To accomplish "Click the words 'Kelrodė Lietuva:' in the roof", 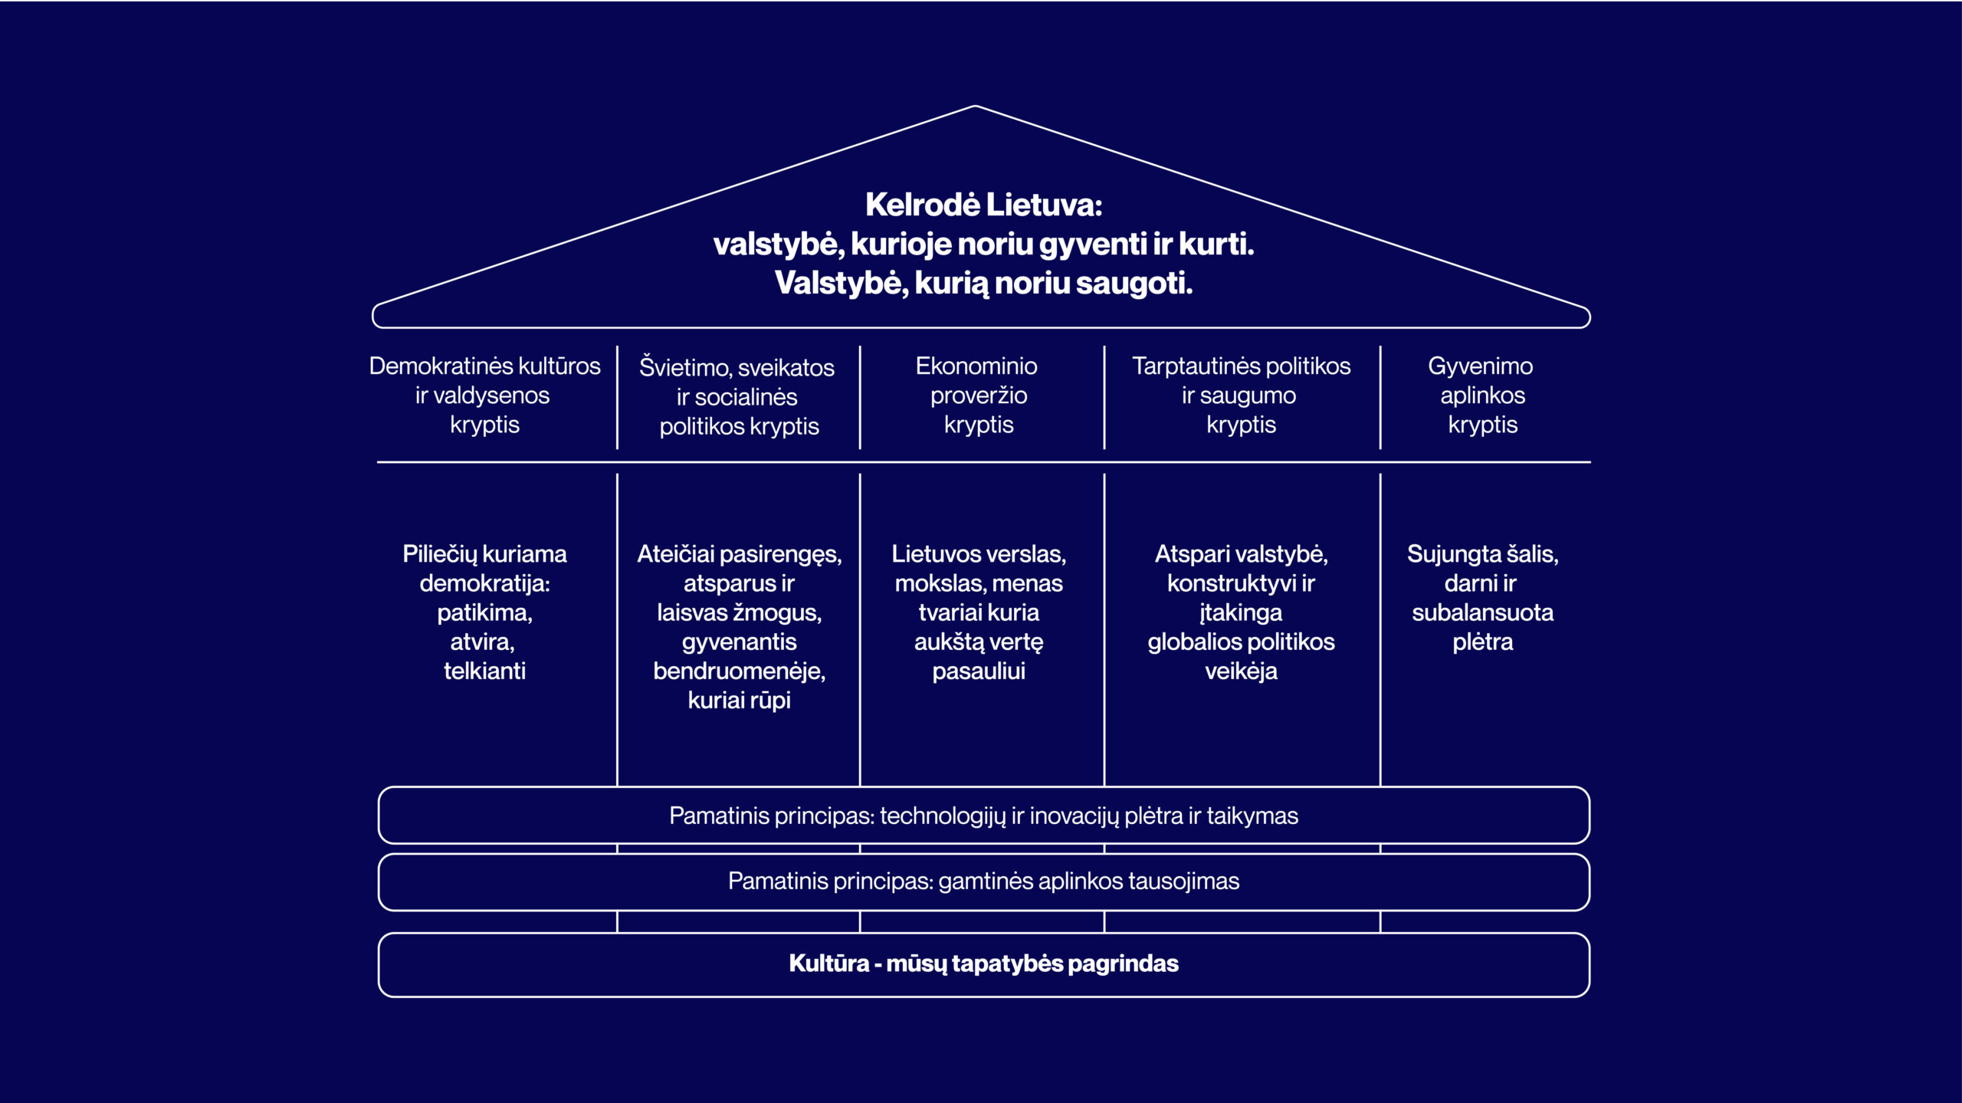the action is point(983,205).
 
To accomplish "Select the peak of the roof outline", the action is point(976,107).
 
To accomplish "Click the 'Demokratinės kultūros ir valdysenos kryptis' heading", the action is point(484,395).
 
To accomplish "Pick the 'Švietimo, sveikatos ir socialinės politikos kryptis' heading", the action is point(738,396).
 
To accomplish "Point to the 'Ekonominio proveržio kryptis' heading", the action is point(977,395).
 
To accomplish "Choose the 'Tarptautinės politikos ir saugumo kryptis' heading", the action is point(1241,395).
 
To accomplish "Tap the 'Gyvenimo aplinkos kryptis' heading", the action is point(1481,395).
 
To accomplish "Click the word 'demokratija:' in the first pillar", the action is point(484,583).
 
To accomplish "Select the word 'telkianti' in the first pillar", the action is point(484,671).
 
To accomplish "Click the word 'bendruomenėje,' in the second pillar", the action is point(739,671).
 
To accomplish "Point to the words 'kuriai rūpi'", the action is point(739,701).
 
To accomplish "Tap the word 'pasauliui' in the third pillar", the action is point(979,671).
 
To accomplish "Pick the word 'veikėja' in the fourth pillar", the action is point(1241,671).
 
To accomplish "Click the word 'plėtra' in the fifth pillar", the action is point(1482,642).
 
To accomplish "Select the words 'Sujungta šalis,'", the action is point(1482,554).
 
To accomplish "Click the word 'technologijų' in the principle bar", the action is point(942,816).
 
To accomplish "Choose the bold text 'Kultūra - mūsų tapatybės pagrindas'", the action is point(983,963).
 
